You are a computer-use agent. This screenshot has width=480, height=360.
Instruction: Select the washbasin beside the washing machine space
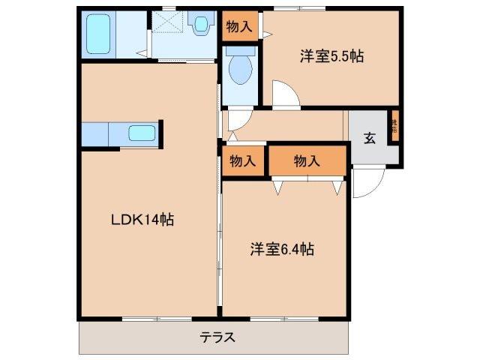[200, 25]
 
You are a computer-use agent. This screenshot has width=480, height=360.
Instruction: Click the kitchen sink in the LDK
[141, 133]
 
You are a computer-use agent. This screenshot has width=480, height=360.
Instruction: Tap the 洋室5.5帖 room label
[332, 56]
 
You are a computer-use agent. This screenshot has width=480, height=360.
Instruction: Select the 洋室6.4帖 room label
[282, 250]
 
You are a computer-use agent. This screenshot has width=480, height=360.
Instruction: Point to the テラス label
[217, 337]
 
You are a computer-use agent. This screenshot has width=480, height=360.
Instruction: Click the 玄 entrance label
[369, 138]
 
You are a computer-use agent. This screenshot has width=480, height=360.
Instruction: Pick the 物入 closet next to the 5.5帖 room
[240, 27]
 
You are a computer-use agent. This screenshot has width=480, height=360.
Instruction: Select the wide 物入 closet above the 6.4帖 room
[307, 160]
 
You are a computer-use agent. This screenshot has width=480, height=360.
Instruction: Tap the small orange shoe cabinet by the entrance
[393, 126]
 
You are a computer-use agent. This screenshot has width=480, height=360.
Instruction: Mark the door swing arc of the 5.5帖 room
[285, 94]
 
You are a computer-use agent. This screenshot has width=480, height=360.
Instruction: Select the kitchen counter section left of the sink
[95, 133]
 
